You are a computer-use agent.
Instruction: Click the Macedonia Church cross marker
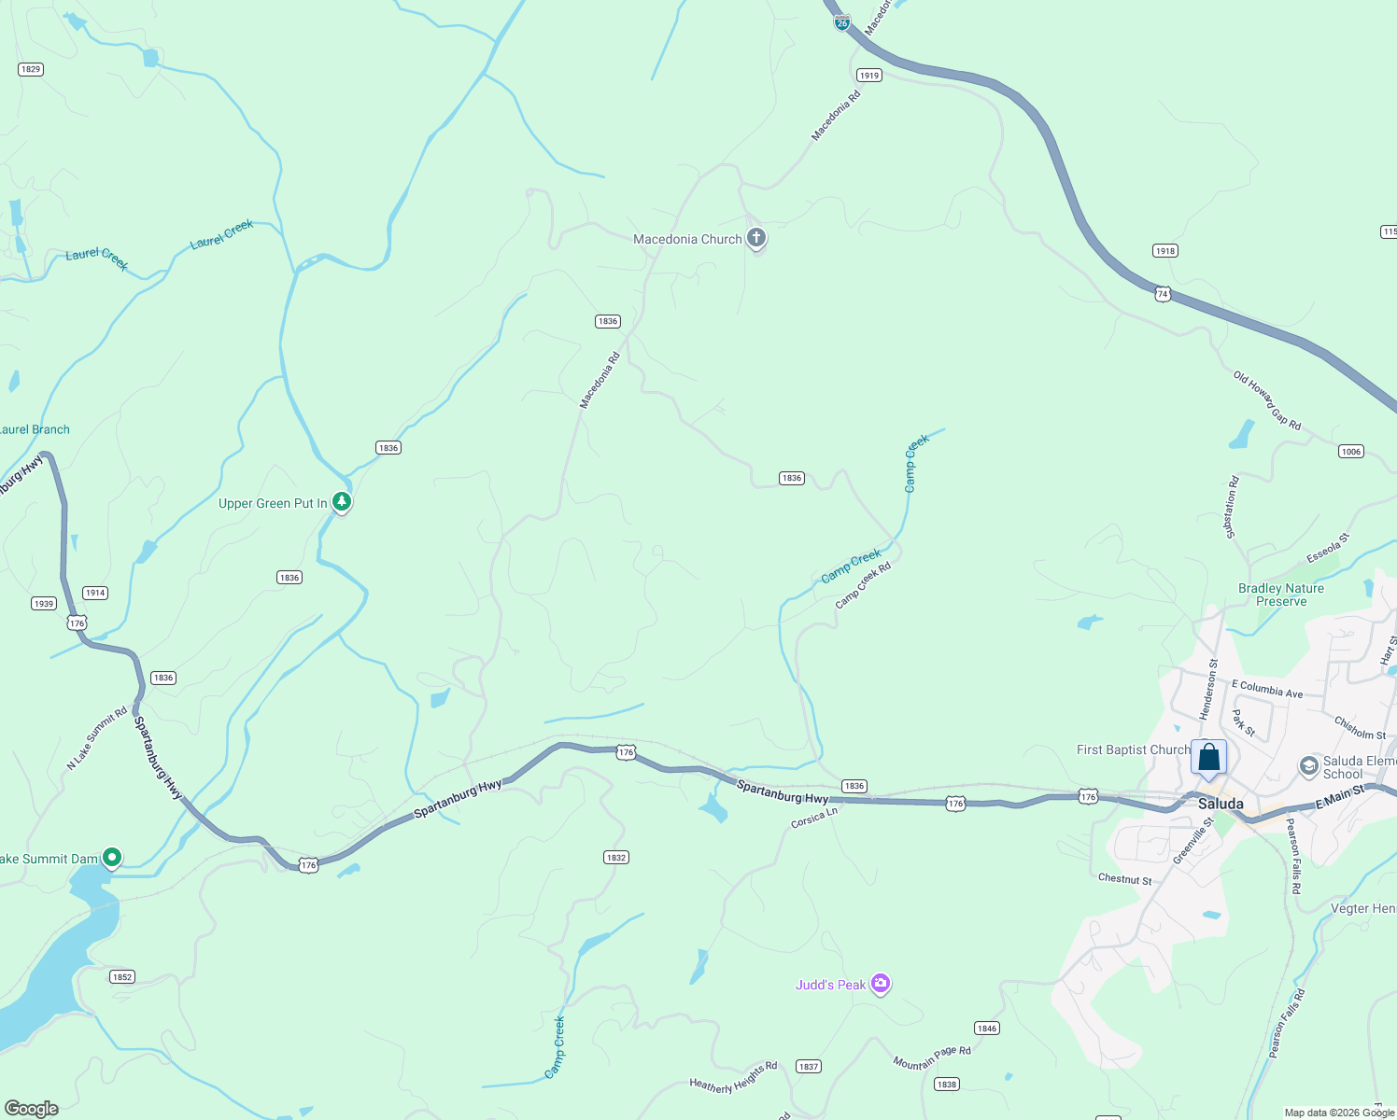coord(756,238)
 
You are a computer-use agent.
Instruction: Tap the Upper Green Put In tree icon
coord(342,502)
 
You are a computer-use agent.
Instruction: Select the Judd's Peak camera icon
coord(880,983)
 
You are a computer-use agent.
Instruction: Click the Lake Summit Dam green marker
coord(112,857)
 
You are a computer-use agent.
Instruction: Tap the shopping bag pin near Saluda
coord(1208,758)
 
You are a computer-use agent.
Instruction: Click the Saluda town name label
coord(1221,804)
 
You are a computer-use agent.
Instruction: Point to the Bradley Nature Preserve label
coord(1280,595)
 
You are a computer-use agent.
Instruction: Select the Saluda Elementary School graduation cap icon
coord(1309,766)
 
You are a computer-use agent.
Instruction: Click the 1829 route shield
coord(31,69)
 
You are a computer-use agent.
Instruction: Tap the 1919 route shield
coord(869,76)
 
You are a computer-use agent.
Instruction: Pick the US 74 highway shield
coord(1163,294)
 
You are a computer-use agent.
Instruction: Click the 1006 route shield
coord(1351,452)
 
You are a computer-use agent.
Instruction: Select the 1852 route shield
coord(122,977)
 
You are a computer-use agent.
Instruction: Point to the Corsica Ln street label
coord(814,818)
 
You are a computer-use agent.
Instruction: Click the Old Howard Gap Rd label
coord(1267,400)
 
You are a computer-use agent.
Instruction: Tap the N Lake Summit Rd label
coord(97,738)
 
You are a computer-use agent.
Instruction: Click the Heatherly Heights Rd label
coord(733,1077)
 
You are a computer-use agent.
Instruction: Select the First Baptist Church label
coord(1133,749)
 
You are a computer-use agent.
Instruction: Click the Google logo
coord(32,1109)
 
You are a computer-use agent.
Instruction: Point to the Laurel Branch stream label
coord(35,429)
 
